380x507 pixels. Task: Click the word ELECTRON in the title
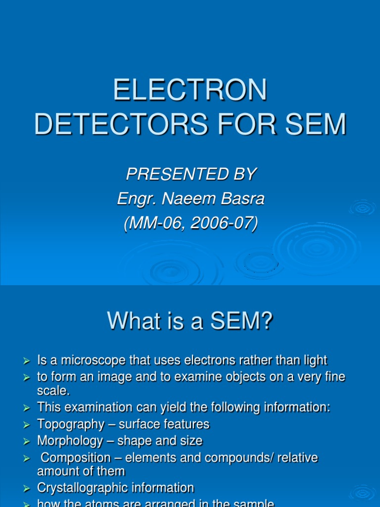190,91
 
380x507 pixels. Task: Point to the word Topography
71,424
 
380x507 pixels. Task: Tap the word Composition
76,457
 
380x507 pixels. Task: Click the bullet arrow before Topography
28,425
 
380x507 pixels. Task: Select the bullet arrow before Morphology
28,441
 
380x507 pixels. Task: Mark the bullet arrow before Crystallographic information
28,488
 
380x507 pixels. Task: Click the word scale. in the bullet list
53,391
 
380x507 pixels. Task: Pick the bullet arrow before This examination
28,408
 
